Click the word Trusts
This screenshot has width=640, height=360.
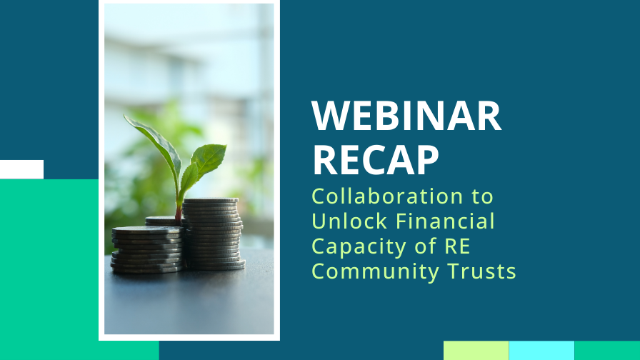click(480, 271)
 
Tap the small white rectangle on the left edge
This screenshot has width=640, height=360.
click(21, 169)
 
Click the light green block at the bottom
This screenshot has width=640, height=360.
click(476, 350)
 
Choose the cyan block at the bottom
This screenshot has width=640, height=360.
click(541, 350)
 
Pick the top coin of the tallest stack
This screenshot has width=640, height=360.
click(210, 201)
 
